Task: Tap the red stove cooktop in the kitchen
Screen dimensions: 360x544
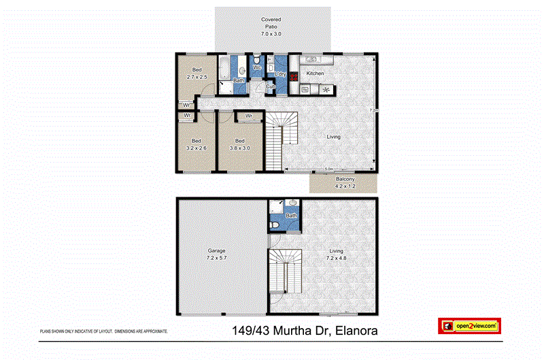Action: click(x=294, y=76)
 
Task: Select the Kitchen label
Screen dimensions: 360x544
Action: click(x=316, y=73)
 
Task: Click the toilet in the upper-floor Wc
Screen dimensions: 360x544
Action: click(x=258, y=59)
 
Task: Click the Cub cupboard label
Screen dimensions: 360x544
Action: click(x=270, y=86)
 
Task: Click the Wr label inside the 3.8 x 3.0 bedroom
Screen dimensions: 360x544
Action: click(x=249, y=116)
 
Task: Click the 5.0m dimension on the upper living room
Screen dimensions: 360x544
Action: click(x=329, y=169)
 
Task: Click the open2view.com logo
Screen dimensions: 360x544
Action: click(x=469, y=326)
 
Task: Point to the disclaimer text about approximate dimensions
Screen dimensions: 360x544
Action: click(x=104, y=331)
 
